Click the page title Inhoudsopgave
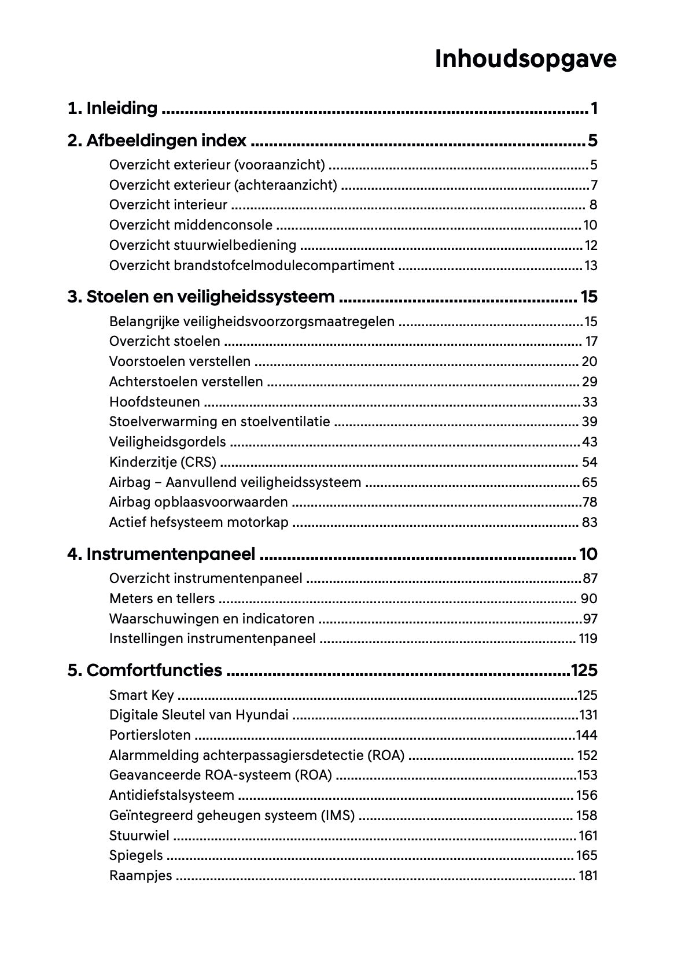[x=525, y=59]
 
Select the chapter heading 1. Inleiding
[x=112, y=108]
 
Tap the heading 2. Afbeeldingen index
[x=157, y=141]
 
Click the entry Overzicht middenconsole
[x=190, y=225]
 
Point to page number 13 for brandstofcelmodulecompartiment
[x=590, y=265]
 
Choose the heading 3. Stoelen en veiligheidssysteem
[x=201, y=297]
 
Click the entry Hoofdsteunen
[x=154, y=402]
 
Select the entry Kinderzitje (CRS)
[x=163, y=462]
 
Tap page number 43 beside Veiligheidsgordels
[x=589, y=442]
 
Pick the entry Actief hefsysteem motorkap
[x=198, y=522]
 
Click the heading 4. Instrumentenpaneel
[x=161, y=554]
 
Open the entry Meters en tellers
[x=162, y=599]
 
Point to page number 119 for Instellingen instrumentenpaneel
[x=587, y=639]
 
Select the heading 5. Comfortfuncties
[x=145, y=670]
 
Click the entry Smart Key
[x=141, y=695]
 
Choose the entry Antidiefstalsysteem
[x=171, y=795]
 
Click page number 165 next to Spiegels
[x=586, y=855]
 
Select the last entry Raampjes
[x=141, y=876]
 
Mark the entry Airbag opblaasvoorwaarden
[x=198, y=502]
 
